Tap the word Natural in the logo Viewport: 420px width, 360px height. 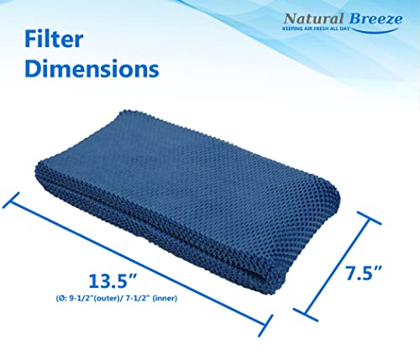coord(310,18)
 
